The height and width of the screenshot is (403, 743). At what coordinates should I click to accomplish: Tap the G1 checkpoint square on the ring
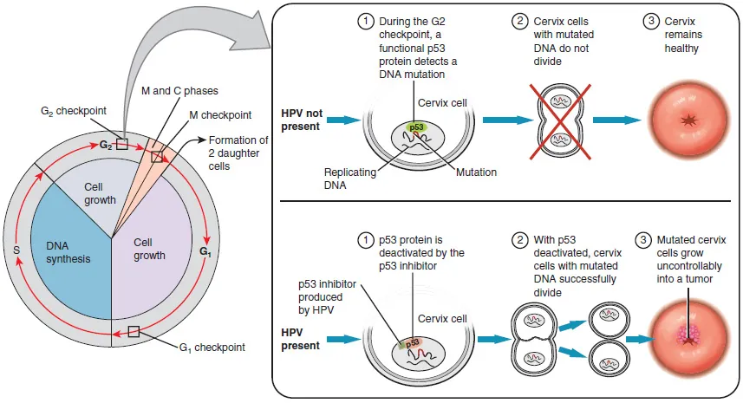point(134,331)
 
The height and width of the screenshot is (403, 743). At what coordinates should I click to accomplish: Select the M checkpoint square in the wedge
point(157,157)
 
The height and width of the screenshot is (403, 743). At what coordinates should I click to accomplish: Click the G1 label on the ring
point(205,252)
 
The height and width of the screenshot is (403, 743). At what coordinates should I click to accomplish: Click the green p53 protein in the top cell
point(417,127)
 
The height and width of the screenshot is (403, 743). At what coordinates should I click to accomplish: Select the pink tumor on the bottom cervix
point(690,332)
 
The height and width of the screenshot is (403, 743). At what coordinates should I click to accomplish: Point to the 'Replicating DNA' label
point(351,178)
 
